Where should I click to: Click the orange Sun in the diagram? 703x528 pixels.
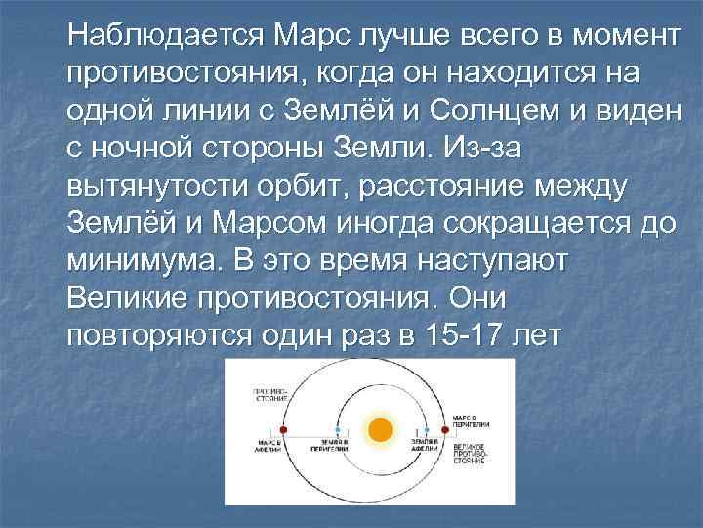381,428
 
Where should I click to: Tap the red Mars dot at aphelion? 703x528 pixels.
283,428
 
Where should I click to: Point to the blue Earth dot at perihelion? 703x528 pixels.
337,428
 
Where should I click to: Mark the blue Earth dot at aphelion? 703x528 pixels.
423,428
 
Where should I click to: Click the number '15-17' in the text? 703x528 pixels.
464,337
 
